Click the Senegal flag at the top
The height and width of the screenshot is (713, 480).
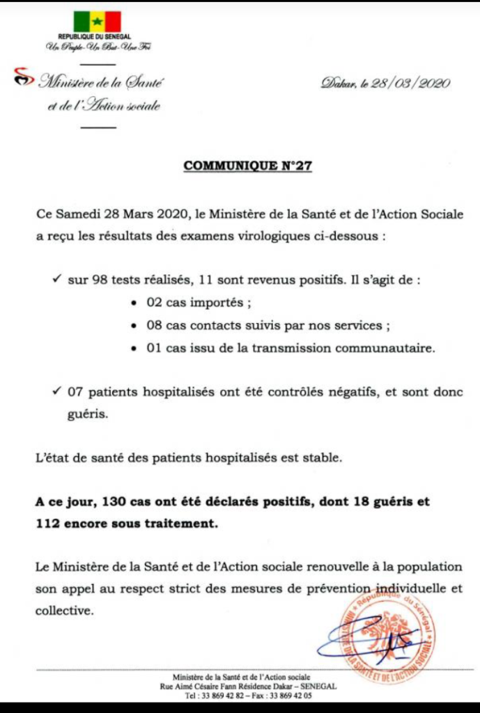point(98,21)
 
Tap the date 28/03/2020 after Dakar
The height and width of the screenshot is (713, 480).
point(409,84)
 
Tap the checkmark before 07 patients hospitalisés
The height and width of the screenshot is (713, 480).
point(58,391)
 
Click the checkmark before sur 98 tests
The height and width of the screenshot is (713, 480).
point(58,280)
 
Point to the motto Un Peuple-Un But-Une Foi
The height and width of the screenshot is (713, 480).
point(98,47)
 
